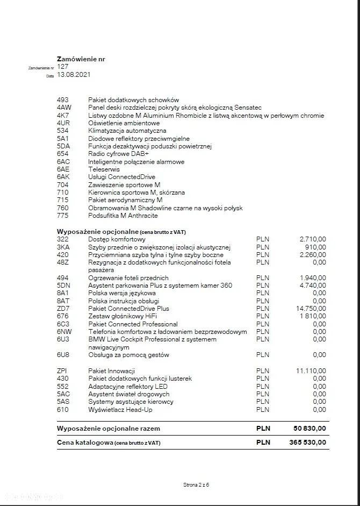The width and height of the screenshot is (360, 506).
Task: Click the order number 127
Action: pos(62,67)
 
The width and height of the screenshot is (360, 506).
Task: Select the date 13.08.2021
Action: pos(74,75)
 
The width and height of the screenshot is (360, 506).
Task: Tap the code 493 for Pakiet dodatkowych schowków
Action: pos(62,100)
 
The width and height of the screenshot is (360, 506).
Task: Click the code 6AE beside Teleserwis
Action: pos(63,169)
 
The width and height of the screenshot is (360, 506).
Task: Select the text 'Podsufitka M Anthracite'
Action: pos(123,216)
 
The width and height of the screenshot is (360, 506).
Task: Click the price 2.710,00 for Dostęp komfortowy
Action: pos(313,239)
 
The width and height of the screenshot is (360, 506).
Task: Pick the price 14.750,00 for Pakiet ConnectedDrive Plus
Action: pos(311,309)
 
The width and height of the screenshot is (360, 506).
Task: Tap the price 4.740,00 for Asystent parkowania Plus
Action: pos(313,286)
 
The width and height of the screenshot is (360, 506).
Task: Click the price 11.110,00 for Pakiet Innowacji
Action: pos(311,371)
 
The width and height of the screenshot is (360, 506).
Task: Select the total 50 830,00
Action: pos(309,429)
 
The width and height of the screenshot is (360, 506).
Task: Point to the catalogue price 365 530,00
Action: pos(307,443)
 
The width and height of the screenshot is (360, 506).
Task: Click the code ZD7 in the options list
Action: pos(63,309)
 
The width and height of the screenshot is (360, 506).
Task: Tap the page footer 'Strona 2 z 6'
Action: pos(196,485)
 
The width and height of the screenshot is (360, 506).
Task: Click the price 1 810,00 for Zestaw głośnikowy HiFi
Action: pos(313,317)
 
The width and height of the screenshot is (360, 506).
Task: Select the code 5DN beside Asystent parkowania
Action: pos(63,286)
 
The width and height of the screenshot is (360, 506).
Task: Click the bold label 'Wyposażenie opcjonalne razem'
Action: pos(109,429)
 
